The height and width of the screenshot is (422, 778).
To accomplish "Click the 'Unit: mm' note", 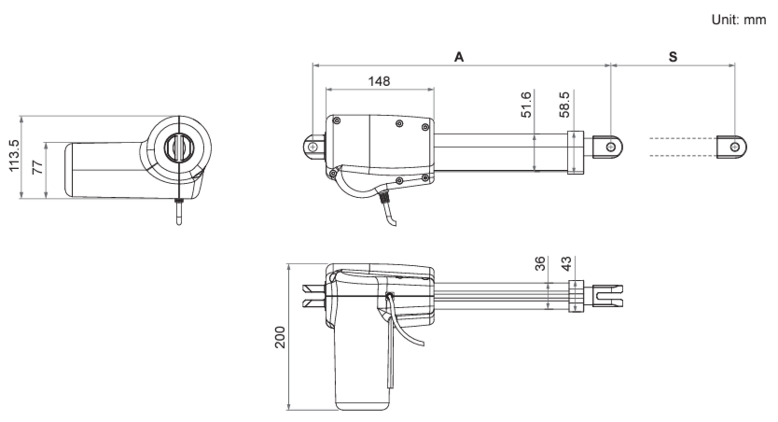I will (738, 20).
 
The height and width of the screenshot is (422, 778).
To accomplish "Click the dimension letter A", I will (459, 57).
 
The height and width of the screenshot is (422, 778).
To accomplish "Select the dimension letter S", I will (673, 57).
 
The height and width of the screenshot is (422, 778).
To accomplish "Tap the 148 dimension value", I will (379, 81).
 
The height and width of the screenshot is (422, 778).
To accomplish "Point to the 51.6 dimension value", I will (526, 104).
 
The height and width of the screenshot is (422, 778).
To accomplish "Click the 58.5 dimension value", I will (564, 104).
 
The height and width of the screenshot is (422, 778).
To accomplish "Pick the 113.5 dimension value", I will (13, 155).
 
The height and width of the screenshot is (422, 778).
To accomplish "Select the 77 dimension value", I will (37, 167).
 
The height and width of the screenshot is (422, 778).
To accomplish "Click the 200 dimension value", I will (280, 337).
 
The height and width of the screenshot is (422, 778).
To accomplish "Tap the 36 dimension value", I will (540, 264).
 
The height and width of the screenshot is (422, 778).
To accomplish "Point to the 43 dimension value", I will (566, 264).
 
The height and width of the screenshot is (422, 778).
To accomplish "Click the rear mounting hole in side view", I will (312, 147).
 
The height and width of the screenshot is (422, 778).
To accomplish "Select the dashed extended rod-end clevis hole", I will (734, 147).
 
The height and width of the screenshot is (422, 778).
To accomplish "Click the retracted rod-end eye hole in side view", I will (611, 147).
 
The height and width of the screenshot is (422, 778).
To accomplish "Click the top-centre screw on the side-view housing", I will (399, 124).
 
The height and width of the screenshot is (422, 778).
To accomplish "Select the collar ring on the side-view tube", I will (575, 152).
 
